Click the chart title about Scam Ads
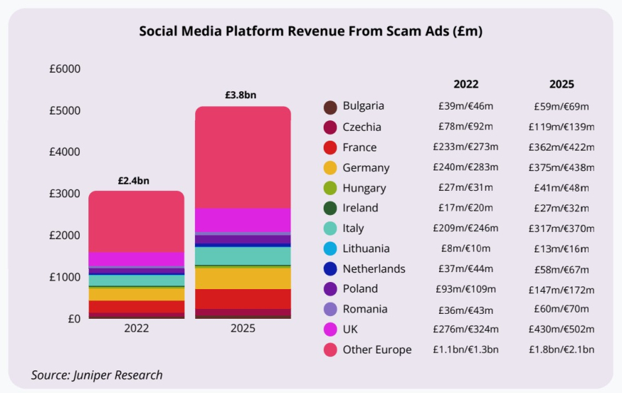coord(311,31)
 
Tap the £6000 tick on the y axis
coord(65,69)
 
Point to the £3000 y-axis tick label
coord(65,194)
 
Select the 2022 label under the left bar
coord(136,329)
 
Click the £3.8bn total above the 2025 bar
coord(240,95)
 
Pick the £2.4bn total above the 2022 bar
coord(134,180)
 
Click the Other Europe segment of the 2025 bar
coord(242,157)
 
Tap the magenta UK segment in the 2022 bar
coord(136,259)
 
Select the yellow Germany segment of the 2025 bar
coord(242,278)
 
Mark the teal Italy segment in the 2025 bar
coord(242,255)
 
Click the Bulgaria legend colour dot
coord(329,107)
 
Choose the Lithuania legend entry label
coord(366,249)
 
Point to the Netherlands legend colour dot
coord(329,269)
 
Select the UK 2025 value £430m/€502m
coord(562,329)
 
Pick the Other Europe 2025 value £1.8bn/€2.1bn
coord(562,349)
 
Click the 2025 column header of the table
coord(562,83)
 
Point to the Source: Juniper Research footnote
coord(97,375)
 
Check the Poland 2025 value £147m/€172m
coord(562,289)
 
